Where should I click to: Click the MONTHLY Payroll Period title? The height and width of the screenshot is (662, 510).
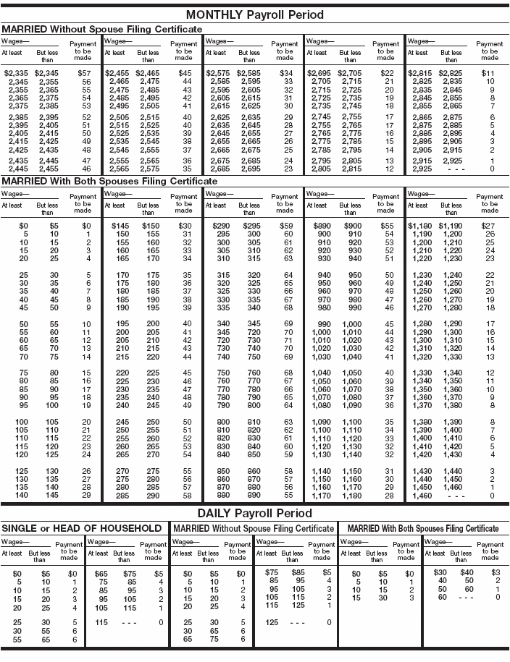coord(255,14)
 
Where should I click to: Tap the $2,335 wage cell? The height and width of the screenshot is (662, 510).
coord(17,74)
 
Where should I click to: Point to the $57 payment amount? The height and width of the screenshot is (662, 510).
coord(85,74)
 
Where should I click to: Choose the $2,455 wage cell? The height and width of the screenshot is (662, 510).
coord(117,74)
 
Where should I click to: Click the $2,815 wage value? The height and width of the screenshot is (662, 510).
coord(421,74)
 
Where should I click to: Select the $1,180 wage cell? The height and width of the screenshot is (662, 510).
coord(419,226)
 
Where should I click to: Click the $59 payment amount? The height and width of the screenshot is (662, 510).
coord(287,226)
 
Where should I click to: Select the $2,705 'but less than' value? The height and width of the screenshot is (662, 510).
coord(349,74)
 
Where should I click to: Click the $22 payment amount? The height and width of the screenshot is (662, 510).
coord(388,74)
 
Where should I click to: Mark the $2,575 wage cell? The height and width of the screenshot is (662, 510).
coord(219,74)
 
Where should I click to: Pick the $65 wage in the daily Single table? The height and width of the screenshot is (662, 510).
coord(101,573)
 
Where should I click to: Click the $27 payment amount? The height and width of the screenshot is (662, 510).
coord(490,226)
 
